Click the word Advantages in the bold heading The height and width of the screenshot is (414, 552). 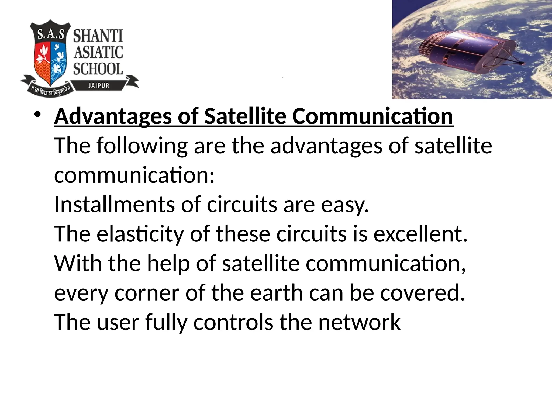click(x=113, y=116)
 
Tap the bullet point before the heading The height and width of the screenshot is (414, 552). click(x=37, y=115)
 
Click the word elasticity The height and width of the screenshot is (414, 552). click(x=140, y=234)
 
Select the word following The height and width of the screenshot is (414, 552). click(x=142, y=146)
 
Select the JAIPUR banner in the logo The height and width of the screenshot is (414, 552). click(x=99, y=86)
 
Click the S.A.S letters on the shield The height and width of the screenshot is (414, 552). click(x=51, y=35)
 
